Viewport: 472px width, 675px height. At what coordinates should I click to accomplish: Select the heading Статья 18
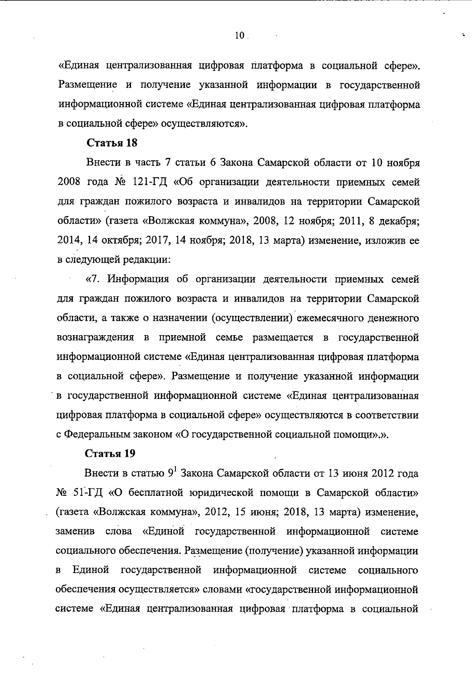112,143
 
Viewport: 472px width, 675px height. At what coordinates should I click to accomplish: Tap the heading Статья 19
111,454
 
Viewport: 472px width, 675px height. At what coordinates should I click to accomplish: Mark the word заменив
75,532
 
